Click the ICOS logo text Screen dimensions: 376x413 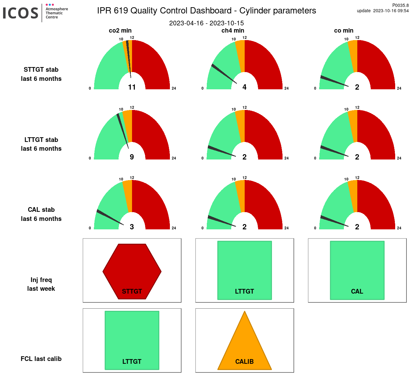(x=21, y=13)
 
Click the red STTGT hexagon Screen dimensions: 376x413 (x=132, y=271)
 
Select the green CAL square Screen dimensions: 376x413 (x=357, y=270)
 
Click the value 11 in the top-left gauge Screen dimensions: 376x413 (x=132, y=87)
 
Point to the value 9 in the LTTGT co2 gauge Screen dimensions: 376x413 (x=132, y=157)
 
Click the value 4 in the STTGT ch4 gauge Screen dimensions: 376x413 (x=244, y=87)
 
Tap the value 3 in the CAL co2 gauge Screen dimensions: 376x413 (x=132, y=227)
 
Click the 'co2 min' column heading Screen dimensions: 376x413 (x=120, y=30)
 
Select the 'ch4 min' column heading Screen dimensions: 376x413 (x=233, y=30)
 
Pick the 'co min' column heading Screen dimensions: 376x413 (x=344, y=30)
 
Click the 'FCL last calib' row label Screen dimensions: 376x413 (x=41, y=359)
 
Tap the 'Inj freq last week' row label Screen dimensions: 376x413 (x=41, y=284)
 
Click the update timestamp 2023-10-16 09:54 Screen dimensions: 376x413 (x=391, y=11)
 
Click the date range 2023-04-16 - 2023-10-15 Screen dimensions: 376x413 (x=206, y=23)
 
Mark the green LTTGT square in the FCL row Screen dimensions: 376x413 (x=132, y=340)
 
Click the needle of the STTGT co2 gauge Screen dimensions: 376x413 (x=129, y=58)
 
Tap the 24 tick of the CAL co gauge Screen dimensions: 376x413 (x=399, y=228)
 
